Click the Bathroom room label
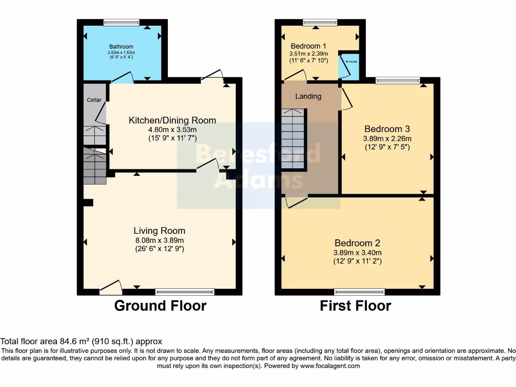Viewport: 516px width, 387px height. (121, 47)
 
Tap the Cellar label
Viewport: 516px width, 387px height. (94, 100)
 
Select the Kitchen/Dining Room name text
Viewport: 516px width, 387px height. (172, 120)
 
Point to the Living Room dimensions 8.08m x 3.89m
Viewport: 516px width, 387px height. (159, 240)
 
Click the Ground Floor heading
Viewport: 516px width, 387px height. (160, 305)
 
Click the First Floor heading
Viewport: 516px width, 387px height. (355, 305)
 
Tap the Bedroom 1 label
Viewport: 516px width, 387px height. (308, 45)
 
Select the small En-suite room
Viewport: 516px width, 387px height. (349, 67)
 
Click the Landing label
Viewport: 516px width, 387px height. (308, 96)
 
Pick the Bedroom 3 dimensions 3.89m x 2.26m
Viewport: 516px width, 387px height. (387, 138)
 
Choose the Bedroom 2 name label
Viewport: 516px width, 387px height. (357, 243)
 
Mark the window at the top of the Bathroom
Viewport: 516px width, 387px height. (121, 22)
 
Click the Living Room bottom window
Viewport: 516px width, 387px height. (185, 291)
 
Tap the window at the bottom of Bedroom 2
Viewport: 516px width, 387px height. (360, 291)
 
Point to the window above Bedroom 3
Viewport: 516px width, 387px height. (398, 80)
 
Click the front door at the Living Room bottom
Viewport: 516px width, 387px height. (111, 288)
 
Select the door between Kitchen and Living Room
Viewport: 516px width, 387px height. (207, 166)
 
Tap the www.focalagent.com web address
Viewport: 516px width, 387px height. (330, 366)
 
